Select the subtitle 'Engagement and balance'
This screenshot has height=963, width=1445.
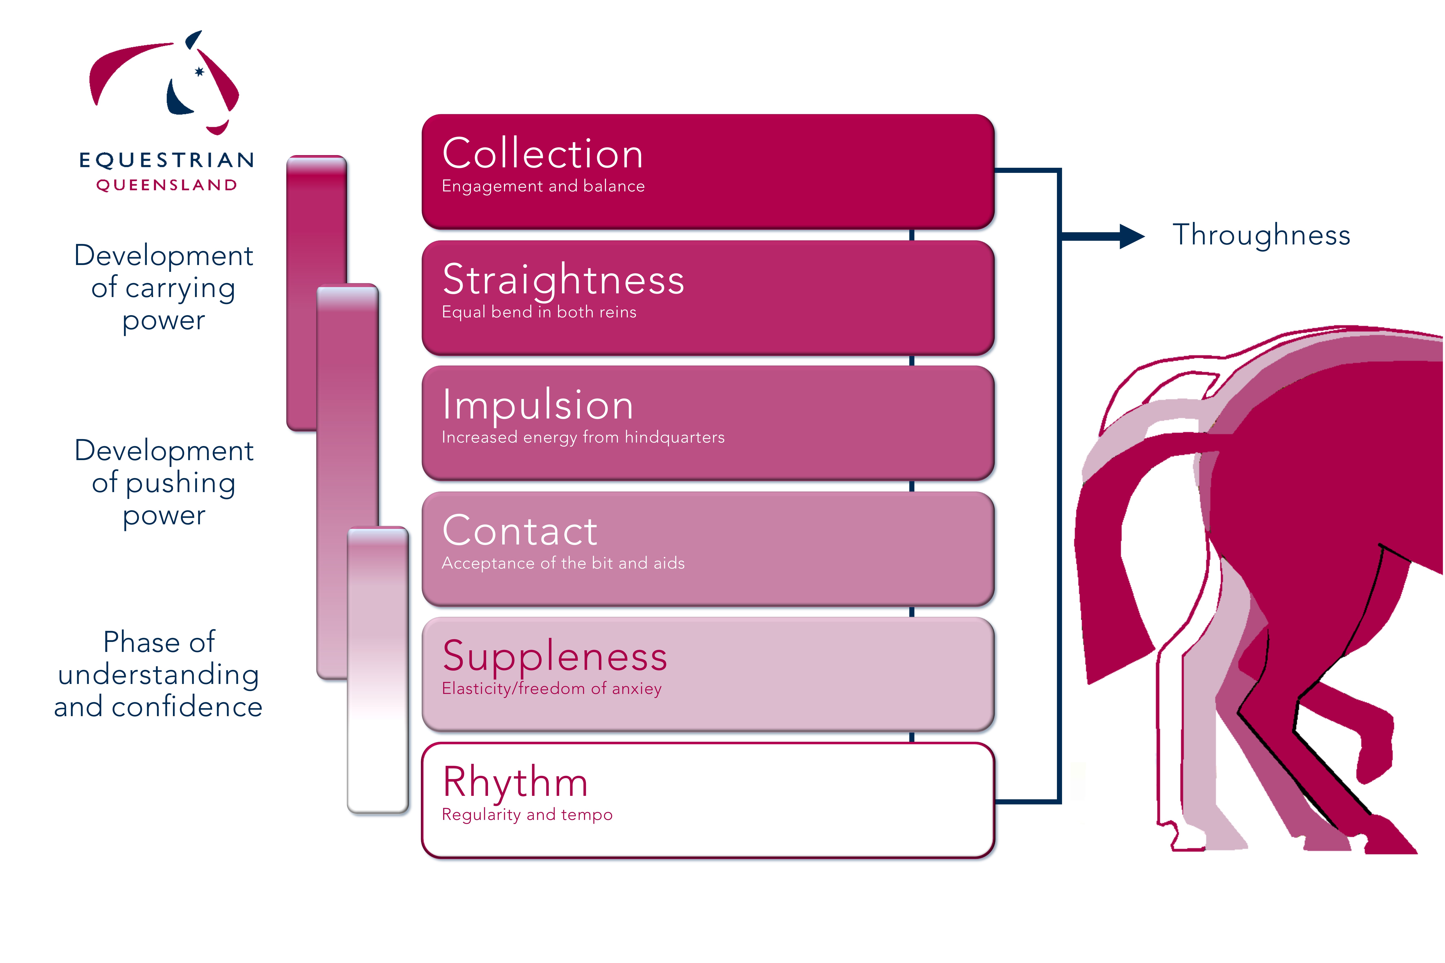point(543,186)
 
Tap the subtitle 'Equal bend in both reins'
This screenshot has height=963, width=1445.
point(539,312)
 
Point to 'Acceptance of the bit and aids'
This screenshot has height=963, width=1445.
point(563,563)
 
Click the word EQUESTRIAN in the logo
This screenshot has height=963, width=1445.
point(166,160)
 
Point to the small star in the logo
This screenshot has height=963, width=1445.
point(199,72)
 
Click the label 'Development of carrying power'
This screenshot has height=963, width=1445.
point(163,287)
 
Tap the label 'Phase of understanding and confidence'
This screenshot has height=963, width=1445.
point(158,674)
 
